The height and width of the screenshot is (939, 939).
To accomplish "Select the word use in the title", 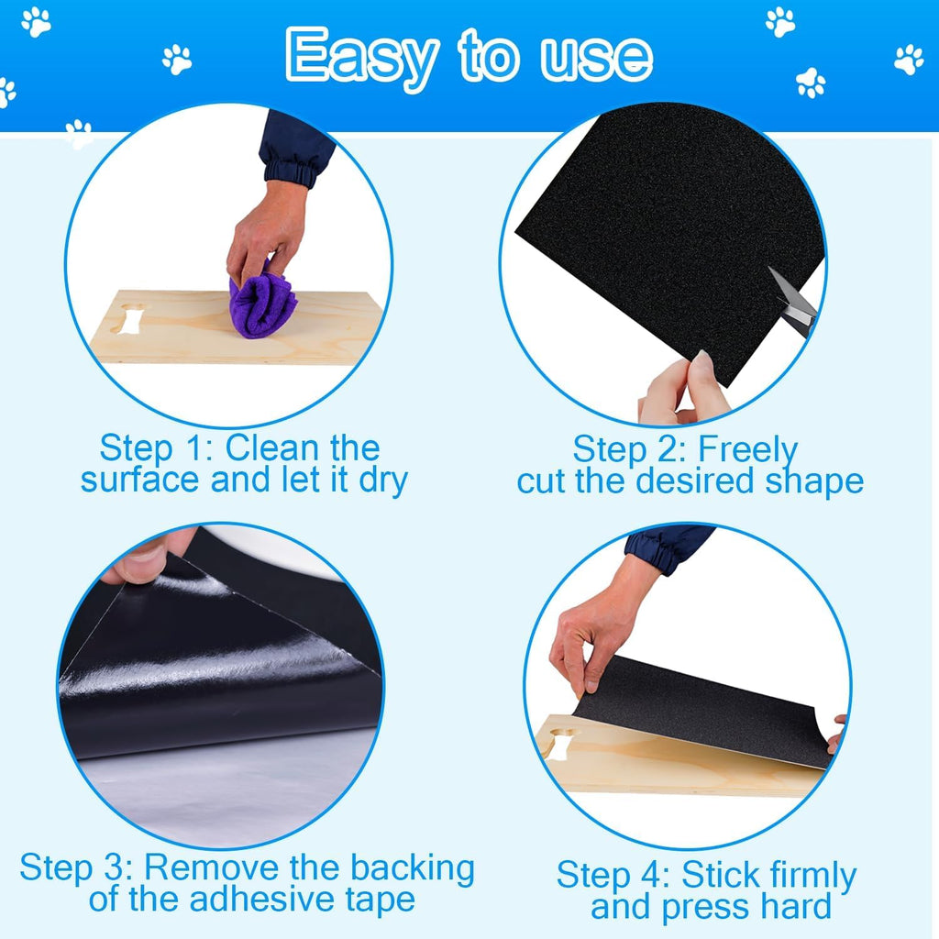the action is tap(596, 58).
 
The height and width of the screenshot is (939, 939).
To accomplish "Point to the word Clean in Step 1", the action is tap(271, 447).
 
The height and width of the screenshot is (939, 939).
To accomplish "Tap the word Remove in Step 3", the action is tap(213, 867).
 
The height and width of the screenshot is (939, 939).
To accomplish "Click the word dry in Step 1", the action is tap(383, 481).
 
